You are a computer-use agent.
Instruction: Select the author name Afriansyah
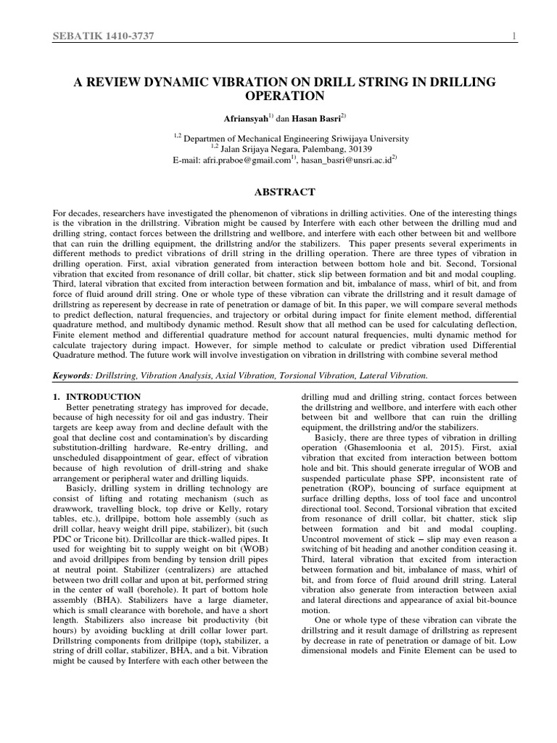tap(244, 118)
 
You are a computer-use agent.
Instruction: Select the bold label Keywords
tap(74, 375)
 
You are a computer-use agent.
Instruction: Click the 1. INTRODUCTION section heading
tap(97, 397)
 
